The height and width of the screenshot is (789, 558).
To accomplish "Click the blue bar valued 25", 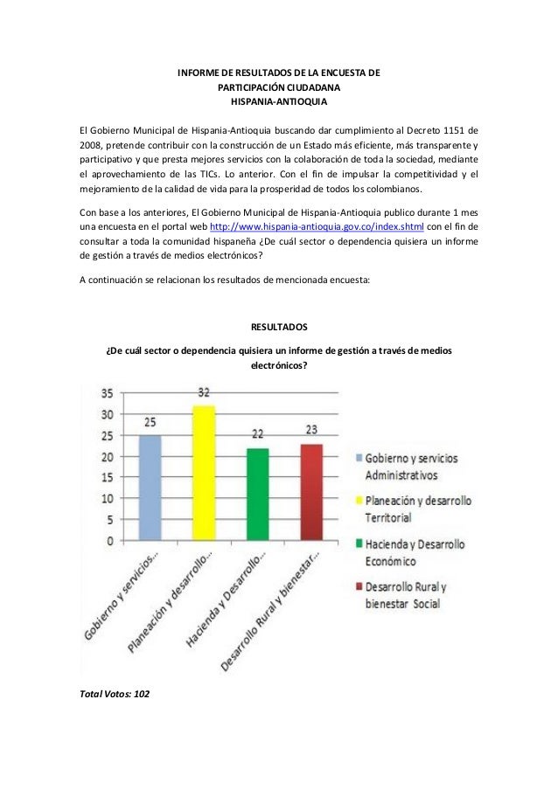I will (x=150, y=488).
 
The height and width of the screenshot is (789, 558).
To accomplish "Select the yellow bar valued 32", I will (x=204, y=473).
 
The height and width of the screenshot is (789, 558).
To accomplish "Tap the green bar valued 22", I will (x=258, y=494).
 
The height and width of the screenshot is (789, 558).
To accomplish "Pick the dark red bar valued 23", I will (x=311, y=492).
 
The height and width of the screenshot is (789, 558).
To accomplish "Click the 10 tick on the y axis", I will (x=109, y=498).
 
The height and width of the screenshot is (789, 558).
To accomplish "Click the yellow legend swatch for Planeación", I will (x=359, y=501).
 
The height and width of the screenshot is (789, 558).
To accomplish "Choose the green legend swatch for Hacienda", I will (x=359, y=543).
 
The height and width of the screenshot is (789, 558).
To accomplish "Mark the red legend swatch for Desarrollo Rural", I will (x=359, y=586).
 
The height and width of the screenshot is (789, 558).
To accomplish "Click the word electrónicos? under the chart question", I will (x=279, y=367).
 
